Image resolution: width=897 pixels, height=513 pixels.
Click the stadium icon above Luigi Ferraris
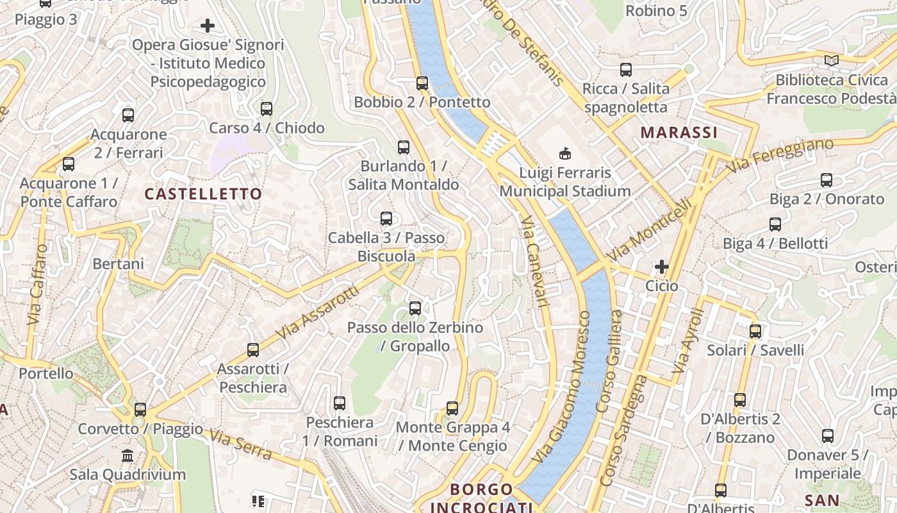564,153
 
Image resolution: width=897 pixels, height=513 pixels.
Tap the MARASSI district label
679,133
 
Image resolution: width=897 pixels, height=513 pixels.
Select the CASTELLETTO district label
203,194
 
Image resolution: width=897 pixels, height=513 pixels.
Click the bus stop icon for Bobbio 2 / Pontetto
422,83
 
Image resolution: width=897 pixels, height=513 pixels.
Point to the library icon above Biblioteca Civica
832,61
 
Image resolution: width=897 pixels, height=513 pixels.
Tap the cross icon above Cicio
661,266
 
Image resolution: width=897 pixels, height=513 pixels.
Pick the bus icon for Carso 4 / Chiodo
267,109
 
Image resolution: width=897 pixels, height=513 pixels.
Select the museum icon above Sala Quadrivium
128,456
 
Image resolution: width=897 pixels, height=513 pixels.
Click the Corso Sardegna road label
623,430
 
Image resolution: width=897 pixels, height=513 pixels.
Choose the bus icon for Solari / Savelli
755,332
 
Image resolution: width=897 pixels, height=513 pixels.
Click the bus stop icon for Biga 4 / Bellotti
775,224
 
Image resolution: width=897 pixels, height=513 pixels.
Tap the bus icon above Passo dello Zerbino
415,308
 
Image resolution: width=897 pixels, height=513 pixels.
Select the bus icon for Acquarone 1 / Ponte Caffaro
69,164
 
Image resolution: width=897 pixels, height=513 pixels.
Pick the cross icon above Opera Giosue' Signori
208,26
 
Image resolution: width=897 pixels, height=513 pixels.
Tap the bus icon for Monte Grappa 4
452,408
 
